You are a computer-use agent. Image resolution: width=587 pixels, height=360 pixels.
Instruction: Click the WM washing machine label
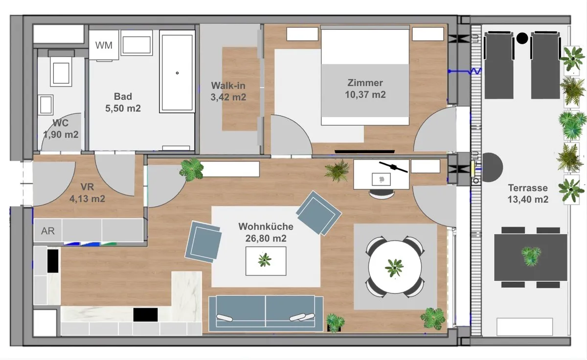pyautogui.click(x=104, y=45)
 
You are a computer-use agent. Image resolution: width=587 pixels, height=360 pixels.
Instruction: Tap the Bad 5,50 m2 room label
pyautogui.click(x=123, y=102)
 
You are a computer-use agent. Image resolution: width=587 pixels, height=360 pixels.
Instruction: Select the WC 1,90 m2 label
pyautogui.click(x=61, y=129)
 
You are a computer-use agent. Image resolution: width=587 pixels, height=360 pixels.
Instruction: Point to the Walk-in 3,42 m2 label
pyautogui.click(x=228, y=91)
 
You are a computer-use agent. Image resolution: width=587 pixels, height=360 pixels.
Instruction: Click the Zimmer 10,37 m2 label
pyautogui.click(x=365, y=89)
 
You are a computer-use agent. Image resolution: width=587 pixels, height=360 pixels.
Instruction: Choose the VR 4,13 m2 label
pyautogui.click(x=87, y=193)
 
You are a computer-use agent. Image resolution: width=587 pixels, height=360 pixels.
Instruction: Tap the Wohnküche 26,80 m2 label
pyautogui.click(x=266, y=232)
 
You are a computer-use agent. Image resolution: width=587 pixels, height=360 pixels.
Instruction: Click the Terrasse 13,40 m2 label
pyautogui.click(x=528, y=193)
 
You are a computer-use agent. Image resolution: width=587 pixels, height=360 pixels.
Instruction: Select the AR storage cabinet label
pyautogui.click(x=48, y=231)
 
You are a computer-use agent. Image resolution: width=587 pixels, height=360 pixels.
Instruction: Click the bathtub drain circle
pyautogui.click(x=177, y=73)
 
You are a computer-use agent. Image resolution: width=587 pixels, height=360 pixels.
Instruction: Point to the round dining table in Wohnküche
pyautogui.click(x=395, y=267)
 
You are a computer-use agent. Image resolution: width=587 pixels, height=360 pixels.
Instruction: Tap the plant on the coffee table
pyautogui.click(x=265, y=260)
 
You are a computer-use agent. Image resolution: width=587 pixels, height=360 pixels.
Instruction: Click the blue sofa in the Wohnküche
pyautogui.click(x=266, y=313)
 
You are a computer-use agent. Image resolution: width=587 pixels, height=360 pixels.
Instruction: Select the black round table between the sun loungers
pyautogui.click(x=522, y=38)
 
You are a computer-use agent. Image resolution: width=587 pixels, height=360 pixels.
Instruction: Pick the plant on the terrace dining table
pyautogui.click(x=531, y=256)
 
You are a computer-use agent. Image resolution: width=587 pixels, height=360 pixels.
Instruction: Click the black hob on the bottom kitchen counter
pyautogui.click(x=145, y=315)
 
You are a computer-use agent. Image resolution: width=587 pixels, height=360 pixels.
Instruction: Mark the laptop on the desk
pyautogui.click(x=381, y=180)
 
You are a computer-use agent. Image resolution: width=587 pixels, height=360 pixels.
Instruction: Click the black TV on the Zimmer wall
pyautogui.click(x=364, y=152)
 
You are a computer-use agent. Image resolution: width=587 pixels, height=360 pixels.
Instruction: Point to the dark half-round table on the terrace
pyautogui.click(x=492, y=167)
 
